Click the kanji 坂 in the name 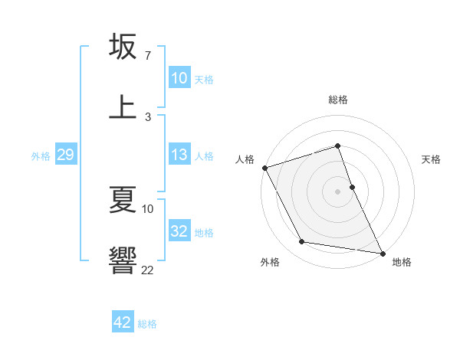point(123,47)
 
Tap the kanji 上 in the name point(123,106)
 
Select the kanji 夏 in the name point(123,201)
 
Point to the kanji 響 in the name point(123,260)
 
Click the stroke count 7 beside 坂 point(147,56)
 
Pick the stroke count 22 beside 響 point(147,269)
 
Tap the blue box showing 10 point(179,78)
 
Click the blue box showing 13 point(179,155)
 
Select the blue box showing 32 point(179,231)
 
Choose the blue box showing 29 point(65,155)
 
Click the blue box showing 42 point(123,322)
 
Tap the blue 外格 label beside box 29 point(41,155)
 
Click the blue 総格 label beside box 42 point(147,324)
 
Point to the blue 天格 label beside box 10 point(204,79)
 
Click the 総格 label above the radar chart point(338,100)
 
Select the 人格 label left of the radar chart point(245,159)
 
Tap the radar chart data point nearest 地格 point(381,253)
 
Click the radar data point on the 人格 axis point(264,168)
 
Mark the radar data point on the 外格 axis point(302,242)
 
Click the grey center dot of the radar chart point(338,191)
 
